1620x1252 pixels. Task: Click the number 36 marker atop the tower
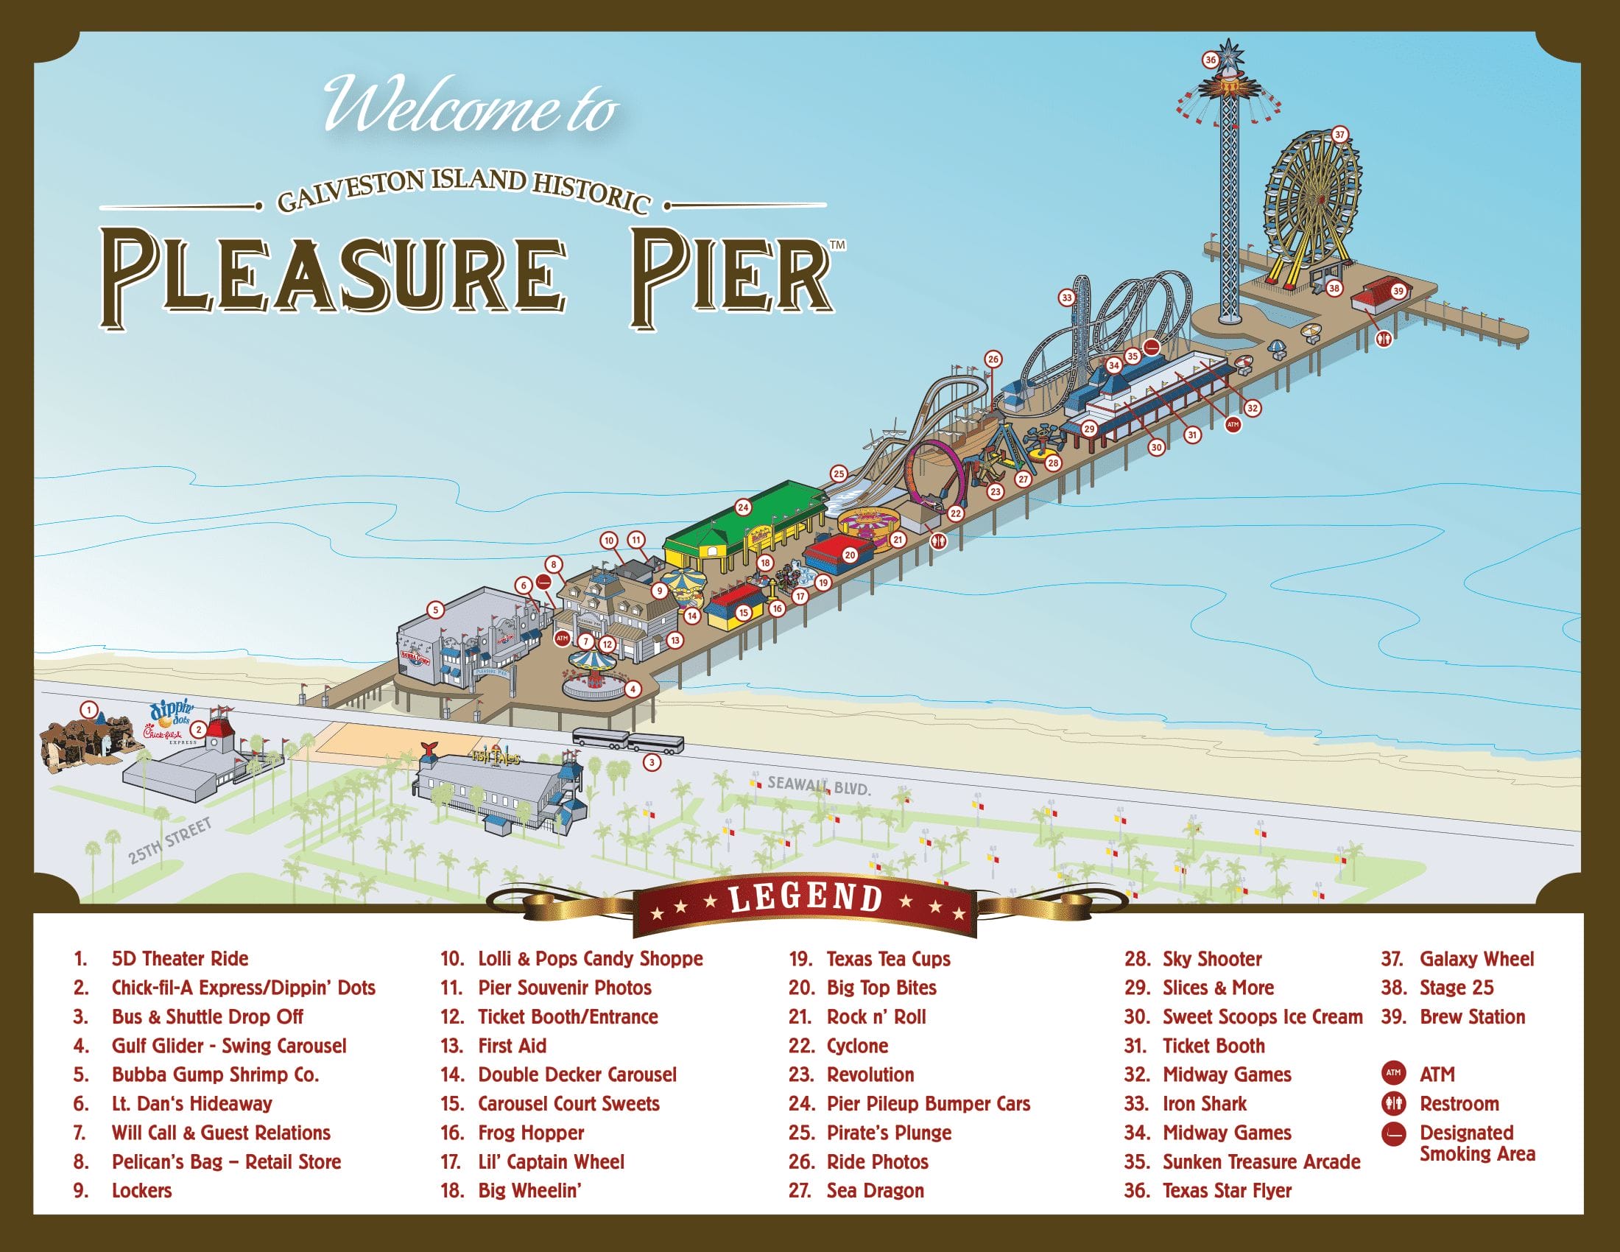[x=1211, y=60]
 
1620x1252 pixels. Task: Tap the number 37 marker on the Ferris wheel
[x=1339, y=135]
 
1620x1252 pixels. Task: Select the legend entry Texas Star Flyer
[x=1227, y=1190]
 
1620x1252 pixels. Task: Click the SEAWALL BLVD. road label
[x=819, y=786]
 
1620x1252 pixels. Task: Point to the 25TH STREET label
[x=170, y=841]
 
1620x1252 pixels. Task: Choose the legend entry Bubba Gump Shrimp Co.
[x=215, y=1075]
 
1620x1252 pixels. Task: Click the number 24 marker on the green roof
[x=743, y=507]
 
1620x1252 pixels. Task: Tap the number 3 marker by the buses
[x=651, y=762]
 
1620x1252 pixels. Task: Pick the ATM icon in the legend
[x=1394, y=1073]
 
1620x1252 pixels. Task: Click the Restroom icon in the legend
[x=1394, y=1104]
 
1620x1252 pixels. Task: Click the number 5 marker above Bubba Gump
[x=435, y=611]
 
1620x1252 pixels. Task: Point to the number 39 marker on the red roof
[x=1398, y=292]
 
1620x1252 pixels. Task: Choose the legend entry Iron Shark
[x=1205, y=1104]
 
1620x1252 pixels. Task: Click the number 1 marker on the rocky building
[x=90, y=710]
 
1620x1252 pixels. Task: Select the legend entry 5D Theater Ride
[x=180, y=958]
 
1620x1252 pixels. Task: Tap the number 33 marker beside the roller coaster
[x=1067, y=298]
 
